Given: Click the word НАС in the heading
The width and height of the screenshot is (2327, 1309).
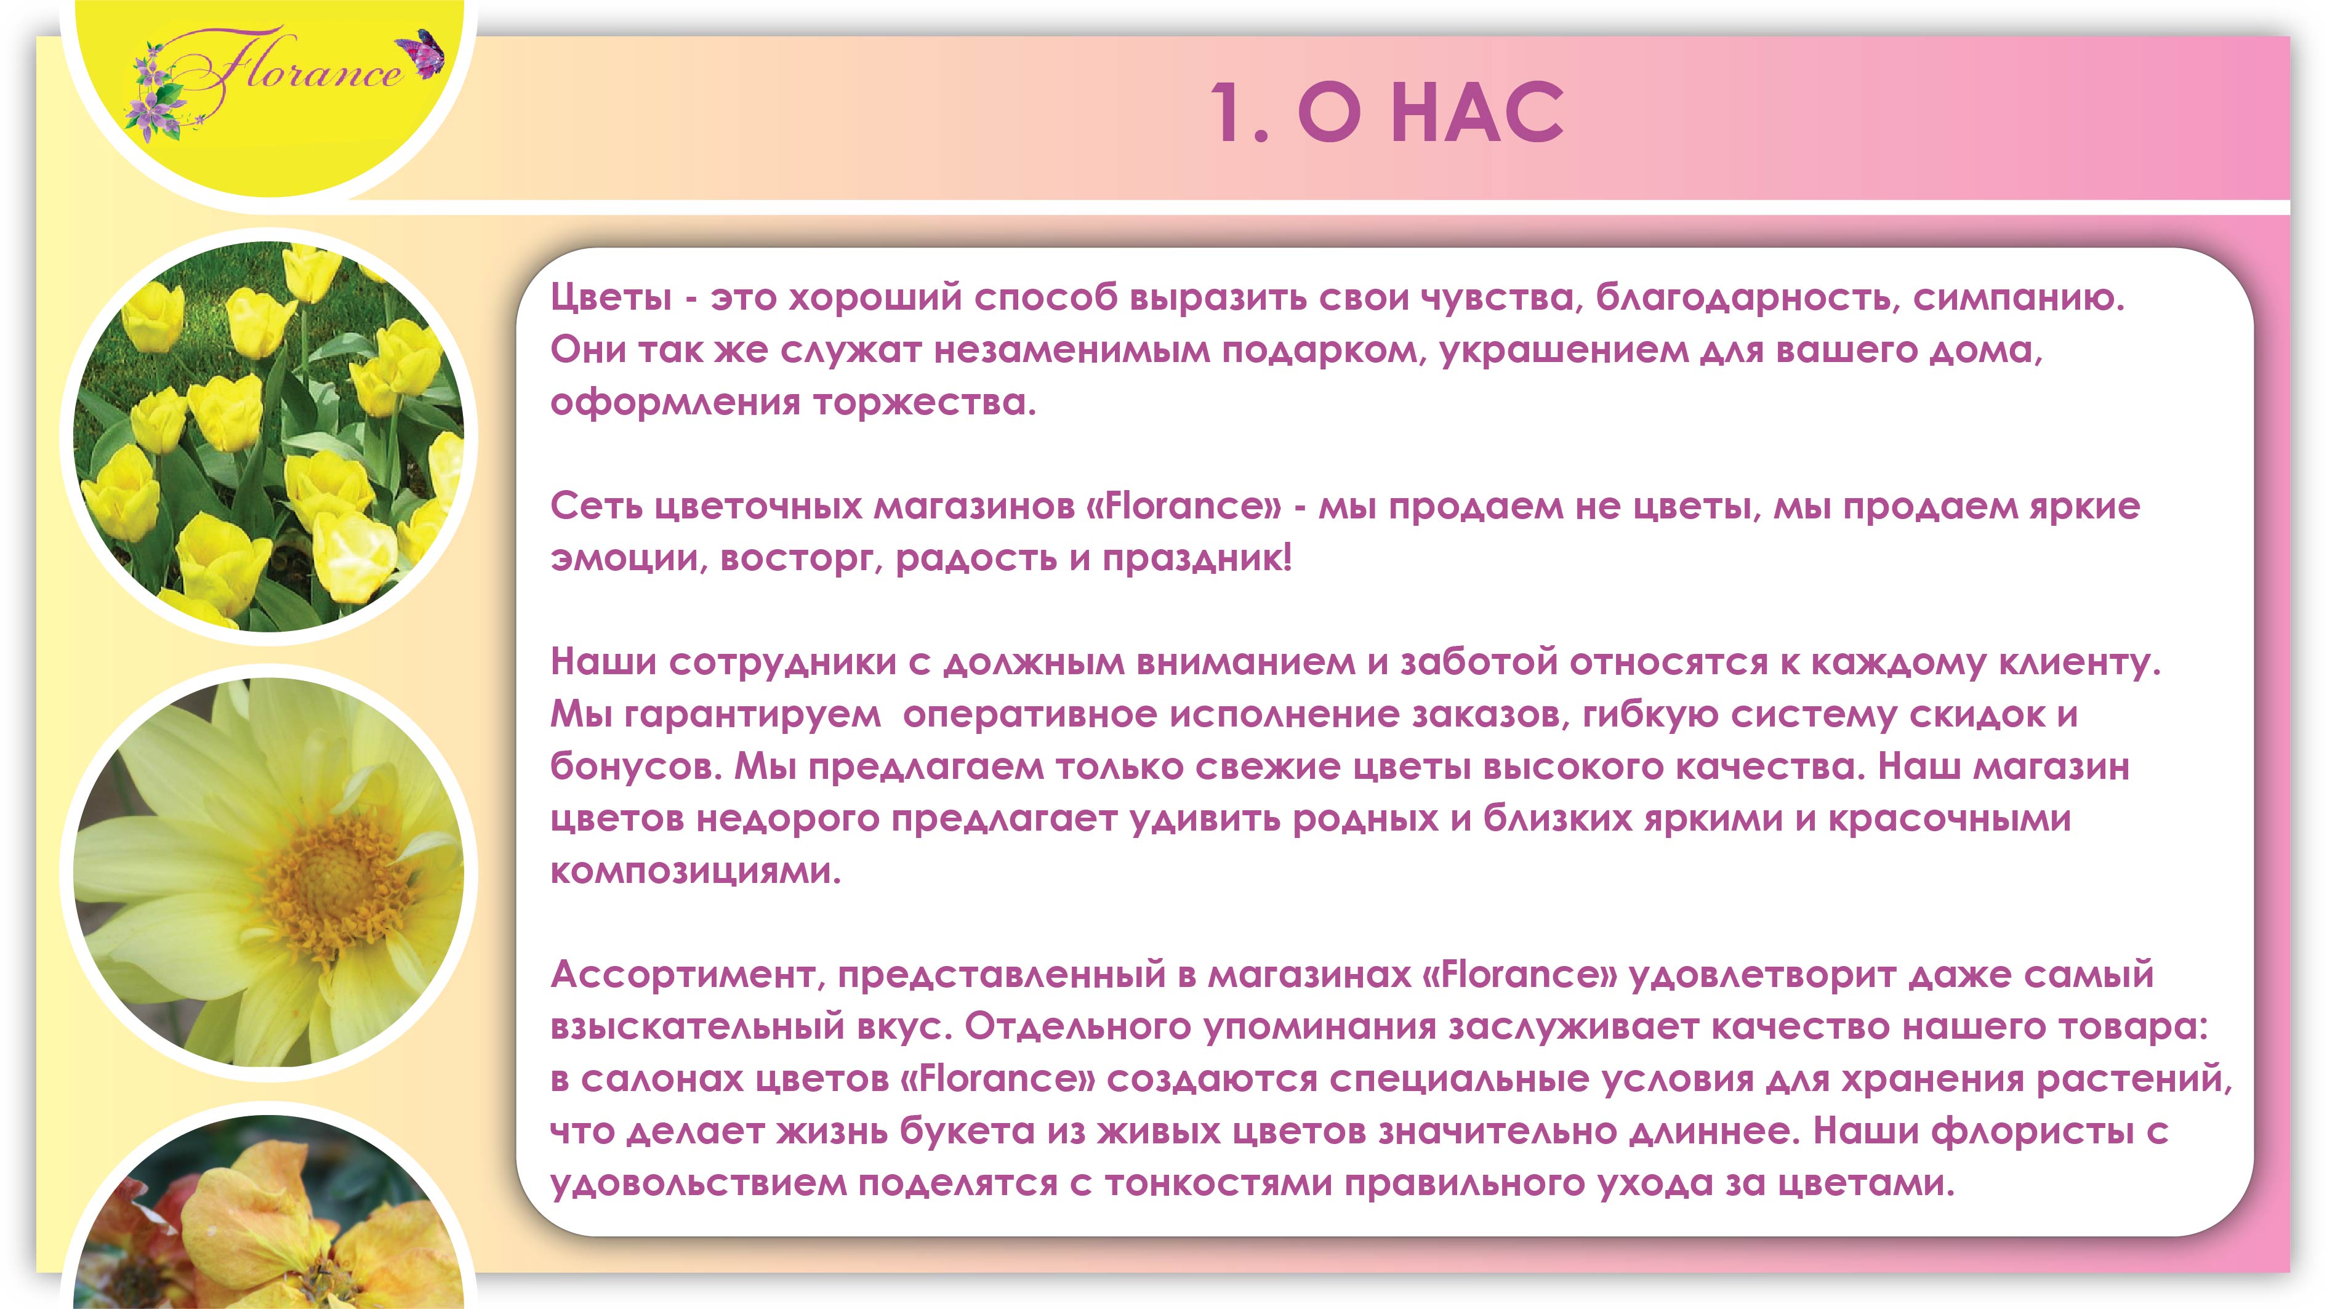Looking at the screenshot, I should [x=1476, y=114].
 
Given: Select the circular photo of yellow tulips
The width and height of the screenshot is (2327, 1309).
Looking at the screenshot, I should [x=268, y=437].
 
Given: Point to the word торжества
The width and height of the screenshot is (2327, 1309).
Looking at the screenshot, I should [x=923, y=402].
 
